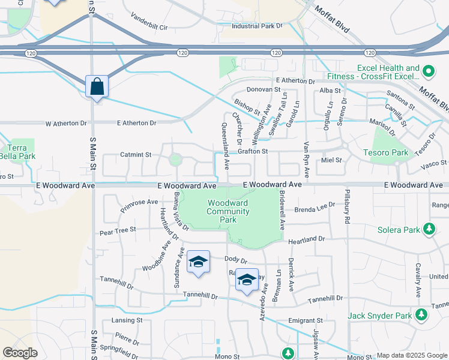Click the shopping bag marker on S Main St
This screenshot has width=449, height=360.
pyautogui.click(x=97, y=87)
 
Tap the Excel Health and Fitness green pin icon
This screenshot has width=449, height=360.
pyautogui.click(x=428, y=72)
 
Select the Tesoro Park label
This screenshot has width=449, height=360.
pyautogui.click(x=385, y=152)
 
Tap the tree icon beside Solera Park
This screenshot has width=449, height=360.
pyautogui.click(x=429, y=229)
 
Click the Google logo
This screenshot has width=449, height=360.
pyautogui.click(x=20, y=353)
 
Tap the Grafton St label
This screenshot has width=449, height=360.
pyautogui.click(x=252, y=152)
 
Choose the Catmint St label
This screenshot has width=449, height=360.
pyautogui.click(x=135, y=155)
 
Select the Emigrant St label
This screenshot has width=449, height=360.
pyautogui.click(x=306, y=320)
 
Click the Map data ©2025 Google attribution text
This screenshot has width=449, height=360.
pyautogui.click(x=411, y=355)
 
